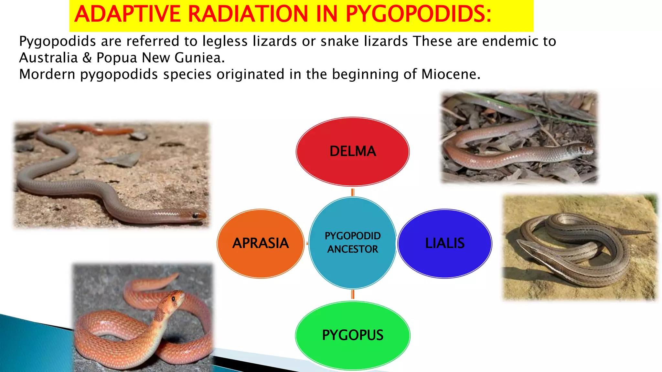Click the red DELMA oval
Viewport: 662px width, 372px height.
pos(353,151)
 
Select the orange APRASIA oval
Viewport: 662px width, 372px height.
pos(261,243)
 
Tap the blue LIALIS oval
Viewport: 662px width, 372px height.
pos(445,243)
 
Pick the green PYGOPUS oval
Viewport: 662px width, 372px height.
pos(353,335)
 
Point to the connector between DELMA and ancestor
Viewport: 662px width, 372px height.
pos(353,192)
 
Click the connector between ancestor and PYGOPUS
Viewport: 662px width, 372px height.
pos(353,294)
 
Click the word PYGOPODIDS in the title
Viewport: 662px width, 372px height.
pos(418,15)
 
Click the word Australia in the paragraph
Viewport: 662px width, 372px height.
pos(48,58)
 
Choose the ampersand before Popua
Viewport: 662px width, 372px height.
pos(87,58)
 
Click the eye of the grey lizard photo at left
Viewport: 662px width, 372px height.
pos(195,215)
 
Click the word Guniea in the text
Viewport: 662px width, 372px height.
pos(199,58)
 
